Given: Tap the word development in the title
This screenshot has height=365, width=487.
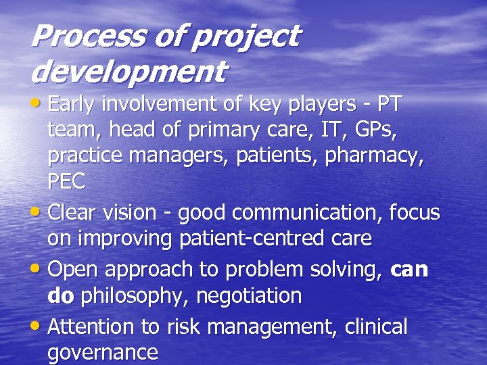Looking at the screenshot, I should [129, 70].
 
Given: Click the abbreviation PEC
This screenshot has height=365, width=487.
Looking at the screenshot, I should [66, 181].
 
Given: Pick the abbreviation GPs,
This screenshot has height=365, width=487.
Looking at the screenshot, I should [379, 130].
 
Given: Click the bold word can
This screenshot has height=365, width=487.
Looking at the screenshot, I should [409, 270].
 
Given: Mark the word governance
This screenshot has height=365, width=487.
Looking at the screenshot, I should [102, 353].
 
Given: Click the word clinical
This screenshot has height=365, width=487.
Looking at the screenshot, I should [376, 327].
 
